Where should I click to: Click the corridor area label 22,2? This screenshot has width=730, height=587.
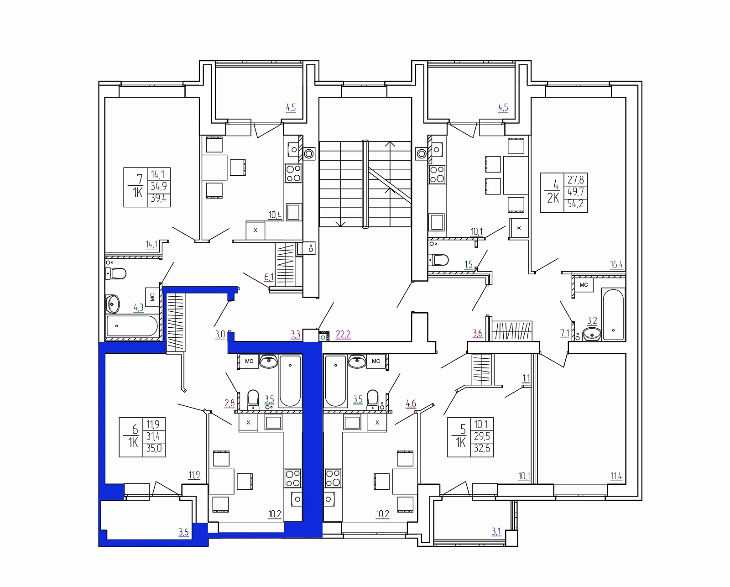click(x=343, y=335)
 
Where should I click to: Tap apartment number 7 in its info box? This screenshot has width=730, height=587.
click(x=140, y=179)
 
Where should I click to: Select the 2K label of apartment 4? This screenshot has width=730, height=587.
click(x=553, y=198)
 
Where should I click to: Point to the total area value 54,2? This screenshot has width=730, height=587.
click(x=576, y=204)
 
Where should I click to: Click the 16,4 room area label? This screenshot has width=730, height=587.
click(x=616, y=264)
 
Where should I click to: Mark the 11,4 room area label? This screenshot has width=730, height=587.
click(x=616, y=477)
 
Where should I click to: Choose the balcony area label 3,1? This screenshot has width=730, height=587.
click(x=496, y=531)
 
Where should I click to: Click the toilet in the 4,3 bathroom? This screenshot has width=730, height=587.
click(x=116, y=273)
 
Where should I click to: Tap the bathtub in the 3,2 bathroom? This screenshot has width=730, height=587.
click(x=613, y=314)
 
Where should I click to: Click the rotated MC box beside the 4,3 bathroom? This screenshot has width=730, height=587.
click(x=152, y=297)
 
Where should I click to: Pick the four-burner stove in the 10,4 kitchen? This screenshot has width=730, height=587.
click(x=293, y=173)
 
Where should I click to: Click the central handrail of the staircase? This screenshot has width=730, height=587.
click(x=365, y=184)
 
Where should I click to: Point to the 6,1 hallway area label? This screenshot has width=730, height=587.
click(x=269, y=278)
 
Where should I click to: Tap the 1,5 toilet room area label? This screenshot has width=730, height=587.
click(x=468, y=264)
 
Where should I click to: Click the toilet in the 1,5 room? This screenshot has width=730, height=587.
click(x=438, y=260)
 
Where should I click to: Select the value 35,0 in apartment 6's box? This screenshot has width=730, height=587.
click(x=154, y=449)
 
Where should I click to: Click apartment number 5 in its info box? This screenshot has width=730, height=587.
click(x=463, y=430)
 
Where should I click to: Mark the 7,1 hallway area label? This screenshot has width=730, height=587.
click(x=564, y=333)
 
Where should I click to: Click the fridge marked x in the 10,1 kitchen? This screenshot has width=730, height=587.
click(x=519, y=228)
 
